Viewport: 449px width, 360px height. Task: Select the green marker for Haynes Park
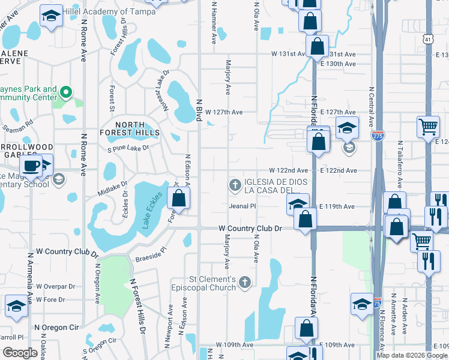pyautogui.click(x=66, y=92)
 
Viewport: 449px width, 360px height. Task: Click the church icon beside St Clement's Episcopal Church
pyautogui.click(x=244, y=281)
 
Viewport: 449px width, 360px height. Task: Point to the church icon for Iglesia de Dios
pyautogui.click(x=235, y=184)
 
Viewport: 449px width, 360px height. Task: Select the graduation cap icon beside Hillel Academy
pyautogui.click(x=52, y=16)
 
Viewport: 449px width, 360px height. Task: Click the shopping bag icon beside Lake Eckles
pyautogui.click(x=178, y=198)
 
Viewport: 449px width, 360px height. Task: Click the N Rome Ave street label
pyautogui.click(x=83, y=44)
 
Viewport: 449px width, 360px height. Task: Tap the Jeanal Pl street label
pyautogui.click(x=243, y=206)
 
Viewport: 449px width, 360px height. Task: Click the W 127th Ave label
pyautogui.click(x=224, y=112)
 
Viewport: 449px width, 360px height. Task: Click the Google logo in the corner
pyautogui.click(x=20, y=352)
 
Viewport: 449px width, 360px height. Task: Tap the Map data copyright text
pyautogui.click(x=412, y=355)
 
